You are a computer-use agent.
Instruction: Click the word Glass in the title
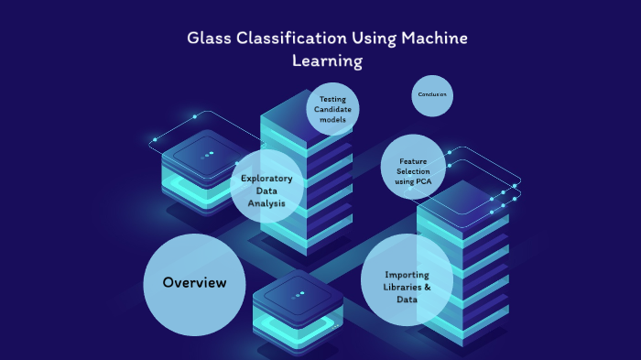[206, 38]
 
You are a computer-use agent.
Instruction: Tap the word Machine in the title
[431, 38]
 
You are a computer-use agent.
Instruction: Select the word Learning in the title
[327, 62]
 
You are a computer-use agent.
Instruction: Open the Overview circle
[194, 284]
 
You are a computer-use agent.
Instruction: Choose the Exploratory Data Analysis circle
[266, 191]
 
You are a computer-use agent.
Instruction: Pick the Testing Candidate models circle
[332, 109]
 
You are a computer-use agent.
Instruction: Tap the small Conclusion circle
[432, 95]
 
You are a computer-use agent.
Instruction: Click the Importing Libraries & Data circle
[407, 280]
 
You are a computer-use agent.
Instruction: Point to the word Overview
[194, 282]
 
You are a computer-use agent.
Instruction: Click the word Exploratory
[266, 179]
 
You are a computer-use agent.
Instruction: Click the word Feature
[413, 160]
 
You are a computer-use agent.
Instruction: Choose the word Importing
[407, 274]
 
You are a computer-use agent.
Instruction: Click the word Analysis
[266, 202]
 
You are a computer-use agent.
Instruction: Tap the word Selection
[413, 170]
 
